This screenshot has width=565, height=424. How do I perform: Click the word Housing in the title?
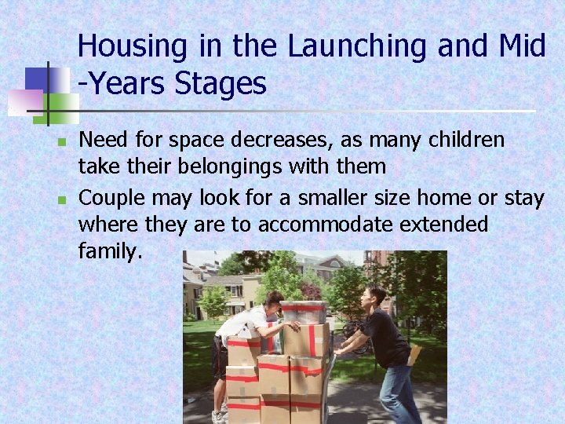coord(132,47)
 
